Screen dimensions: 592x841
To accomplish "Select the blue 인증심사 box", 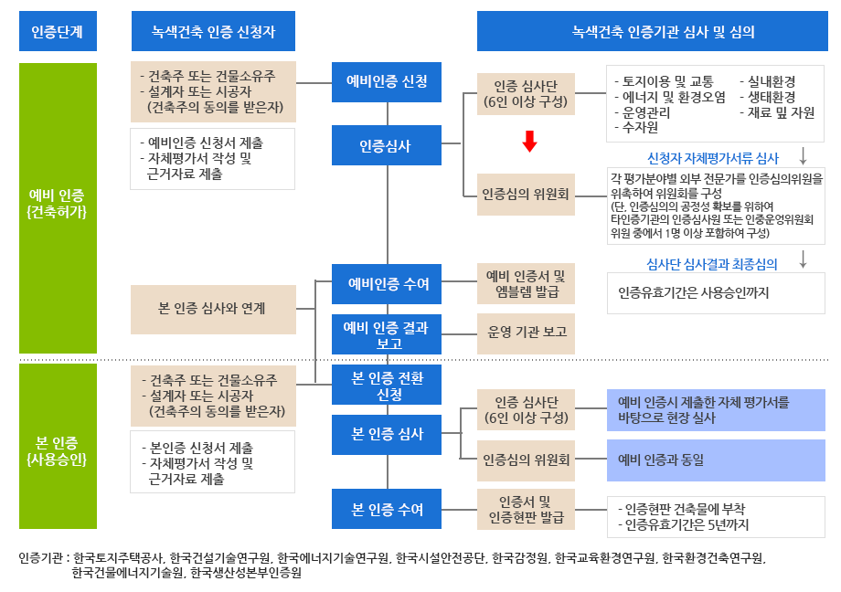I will pos(387,146).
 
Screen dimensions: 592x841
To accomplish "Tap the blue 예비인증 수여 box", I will pos(387,283).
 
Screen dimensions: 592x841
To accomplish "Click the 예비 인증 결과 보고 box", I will pos(387,333).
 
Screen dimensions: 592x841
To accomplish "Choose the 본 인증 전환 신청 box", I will pos(387,384).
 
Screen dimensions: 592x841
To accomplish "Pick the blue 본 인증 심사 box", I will pos(387,434).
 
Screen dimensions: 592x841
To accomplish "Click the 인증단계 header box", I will pos(58,33).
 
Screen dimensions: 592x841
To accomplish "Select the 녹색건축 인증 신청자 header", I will pos(213,33).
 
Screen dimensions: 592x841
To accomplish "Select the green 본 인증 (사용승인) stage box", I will pos(58,445).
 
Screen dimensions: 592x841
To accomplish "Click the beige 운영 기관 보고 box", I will pos(527,333).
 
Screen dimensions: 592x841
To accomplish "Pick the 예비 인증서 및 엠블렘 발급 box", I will pos(527,283).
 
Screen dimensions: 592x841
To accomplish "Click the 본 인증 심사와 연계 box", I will pos(213,309).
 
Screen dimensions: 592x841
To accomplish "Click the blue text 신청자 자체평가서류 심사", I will pos(712,158).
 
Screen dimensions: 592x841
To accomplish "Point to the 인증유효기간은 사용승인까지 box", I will pos(716,293).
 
